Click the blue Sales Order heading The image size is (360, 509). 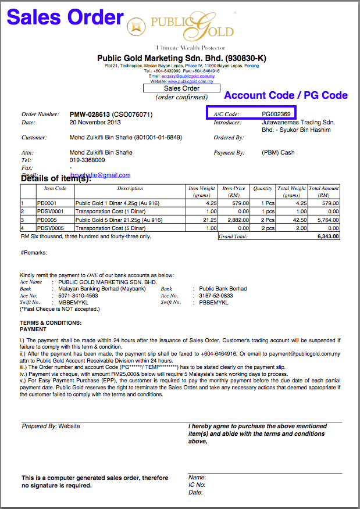65,17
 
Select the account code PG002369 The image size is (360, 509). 276,114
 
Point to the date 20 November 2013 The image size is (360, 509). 95,123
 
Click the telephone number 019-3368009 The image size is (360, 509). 87,160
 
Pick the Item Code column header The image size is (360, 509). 55,188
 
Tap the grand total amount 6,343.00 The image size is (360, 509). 328,237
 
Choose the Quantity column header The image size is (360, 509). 263,188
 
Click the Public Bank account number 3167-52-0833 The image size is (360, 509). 216,295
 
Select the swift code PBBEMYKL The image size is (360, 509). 212,302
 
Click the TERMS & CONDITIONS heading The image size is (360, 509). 51,322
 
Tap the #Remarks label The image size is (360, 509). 34,253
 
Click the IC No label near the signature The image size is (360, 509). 197,485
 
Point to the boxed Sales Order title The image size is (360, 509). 181,88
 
